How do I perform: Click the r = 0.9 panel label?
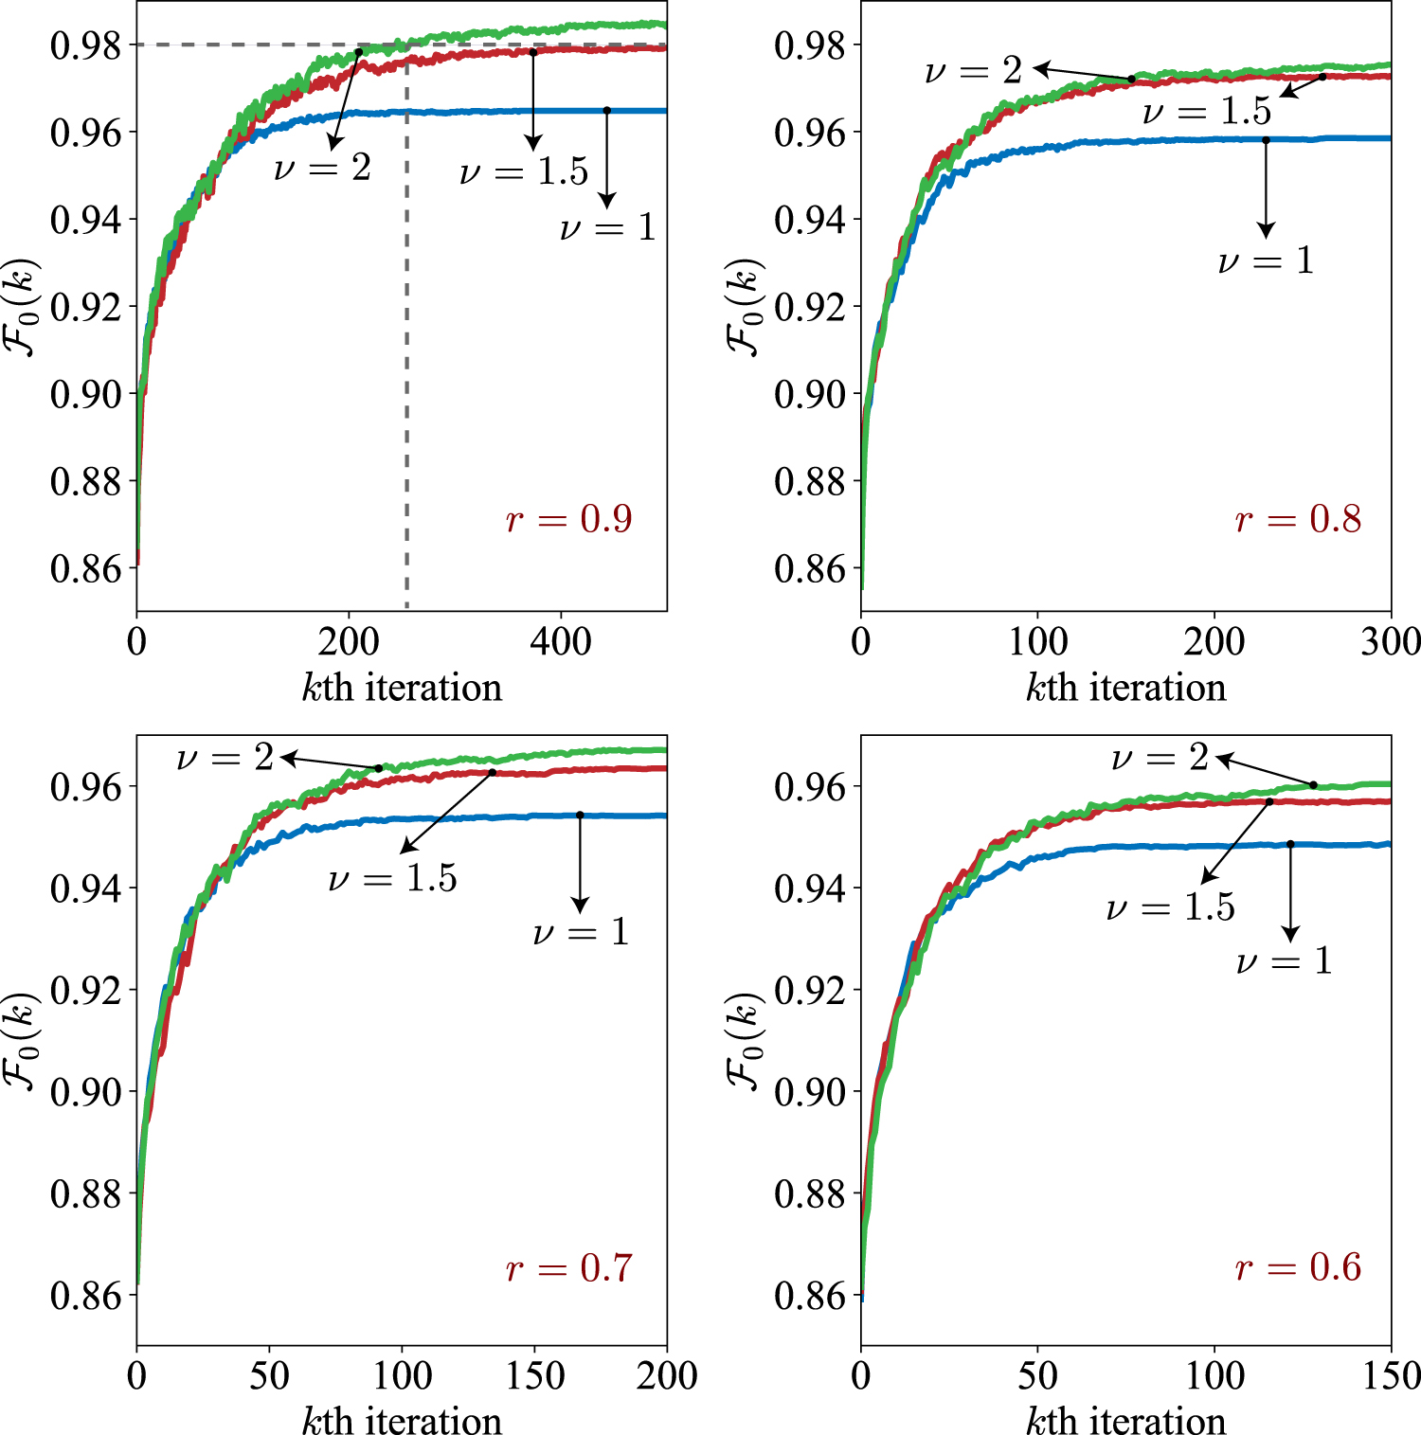(x=568, y=519)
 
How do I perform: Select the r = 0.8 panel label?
(x=1298, y=519)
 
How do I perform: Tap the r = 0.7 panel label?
(x=568, y=1267)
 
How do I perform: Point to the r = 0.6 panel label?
(x=1298, y=1267)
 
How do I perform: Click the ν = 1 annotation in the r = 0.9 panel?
(x=607, y=227)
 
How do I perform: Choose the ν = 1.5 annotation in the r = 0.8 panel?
(x=1206, y=112)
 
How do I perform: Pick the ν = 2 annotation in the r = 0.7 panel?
(x=225, y=758)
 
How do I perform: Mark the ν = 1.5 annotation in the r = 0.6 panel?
(x=1170, y=907)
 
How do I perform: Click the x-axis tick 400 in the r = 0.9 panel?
(x=561, y=642)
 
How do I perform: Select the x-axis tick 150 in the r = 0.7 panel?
(x=534, y=1376)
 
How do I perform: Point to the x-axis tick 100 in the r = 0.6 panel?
(x=1214, y=1376)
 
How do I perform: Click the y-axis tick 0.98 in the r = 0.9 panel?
(x=86, y=45)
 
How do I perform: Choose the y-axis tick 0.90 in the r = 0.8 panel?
(x=810, y=394)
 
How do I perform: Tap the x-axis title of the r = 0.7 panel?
(x=402, y=1421)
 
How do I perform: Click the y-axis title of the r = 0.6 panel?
(x=745, y=1042)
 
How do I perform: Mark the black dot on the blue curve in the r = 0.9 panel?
(x=607, y=111)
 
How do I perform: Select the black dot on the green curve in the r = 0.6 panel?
(x=1313, y=785)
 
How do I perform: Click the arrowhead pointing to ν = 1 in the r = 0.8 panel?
(x=1266, y=230)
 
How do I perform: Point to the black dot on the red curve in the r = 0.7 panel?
(x=493, y=773)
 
